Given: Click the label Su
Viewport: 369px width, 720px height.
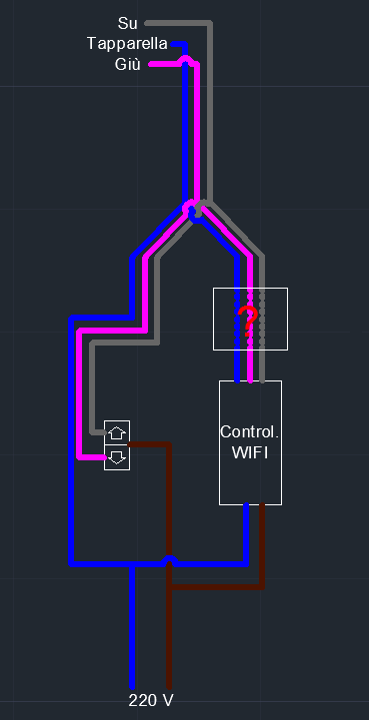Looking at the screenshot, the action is pyautogui.click(x=127, y=23).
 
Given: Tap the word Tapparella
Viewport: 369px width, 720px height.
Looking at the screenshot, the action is pyautogui.click(x=127, y=44).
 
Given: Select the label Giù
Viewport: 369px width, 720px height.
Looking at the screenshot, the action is pyautogui.click(x=127, y=64).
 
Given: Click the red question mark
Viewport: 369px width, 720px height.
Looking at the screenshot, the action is pyautogui.click(x=248, y=320).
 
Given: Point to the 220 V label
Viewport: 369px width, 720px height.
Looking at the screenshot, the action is pyautogui.click(x=151, y=700).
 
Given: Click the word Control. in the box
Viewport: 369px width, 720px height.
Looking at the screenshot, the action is pyautogui.click(x=250, y=431).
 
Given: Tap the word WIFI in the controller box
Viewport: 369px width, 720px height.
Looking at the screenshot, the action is pyautogui.click(x=250, y=452).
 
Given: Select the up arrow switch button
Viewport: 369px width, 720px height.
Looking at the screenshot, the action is pyautogui.click(x=117, y=432).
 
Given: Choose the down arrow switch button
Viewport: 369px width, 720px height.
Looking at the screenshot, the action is pyautogui.click(x=117, y=457).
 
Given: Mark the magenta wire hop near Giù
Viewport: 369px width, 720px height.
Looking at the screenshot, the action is pyautogui.click(x=185, y=58).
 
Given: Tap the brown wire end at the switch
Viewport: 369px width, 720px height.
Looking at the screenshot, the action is pyautogui.click(x=131, y=444).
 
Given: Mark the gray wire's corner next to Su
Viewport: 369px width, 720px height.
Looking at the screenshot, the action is pyautogui.click(x=209, y=23).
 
